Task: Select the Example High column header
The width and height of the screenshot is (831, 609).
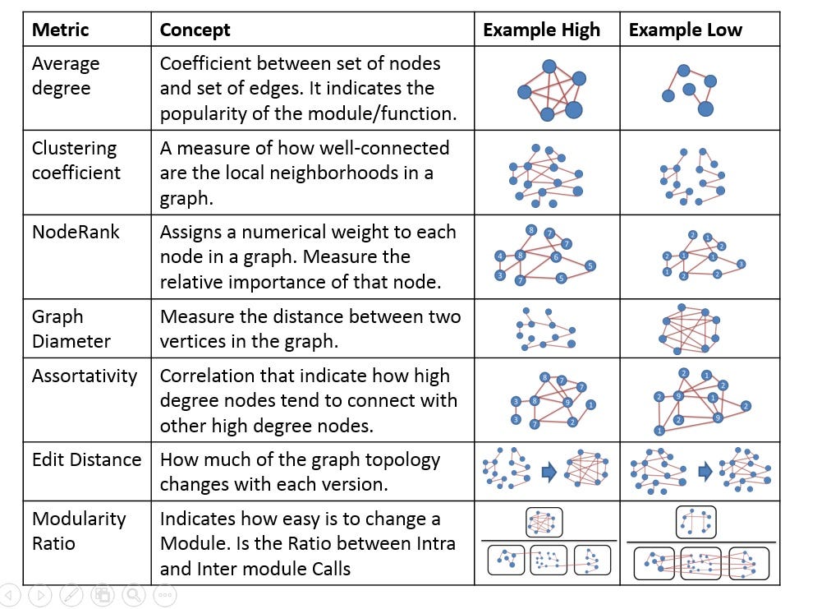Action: click(x=541, y=30)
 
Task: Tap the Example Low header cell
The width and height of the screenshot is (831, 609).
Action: click(x=685, y=30)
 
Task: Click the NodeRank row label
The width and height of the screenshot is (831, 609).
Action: click(x=76, y=232)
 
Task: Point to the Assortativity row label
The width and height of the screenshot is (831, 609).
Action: click(x=85, y=376)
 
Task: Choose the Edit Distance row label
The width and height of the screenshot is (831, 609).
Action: click(x=86, y=459)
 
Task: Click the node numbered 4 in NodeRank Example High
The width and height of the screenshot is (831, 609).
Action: click(x=499, y=256)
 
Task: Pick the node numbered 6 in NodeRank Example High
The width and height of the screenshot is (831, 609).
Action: click(x=556, y=257)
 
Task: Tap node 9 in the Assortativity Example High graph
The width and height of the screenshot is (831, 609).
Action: click(x=567, y=403)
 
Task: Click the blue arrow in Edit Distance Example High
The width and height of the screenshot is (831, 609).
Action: click(x=550, y=472)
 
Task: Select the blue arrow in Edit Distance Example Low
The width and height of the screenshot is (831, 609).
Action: click(x=705, y=472)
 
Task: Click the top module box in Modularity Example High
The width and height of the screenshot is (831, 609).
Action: click(x=544, y=521)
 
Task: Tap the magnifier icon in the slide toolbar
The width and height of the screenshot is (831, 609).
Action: click(x=133, y=593)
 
